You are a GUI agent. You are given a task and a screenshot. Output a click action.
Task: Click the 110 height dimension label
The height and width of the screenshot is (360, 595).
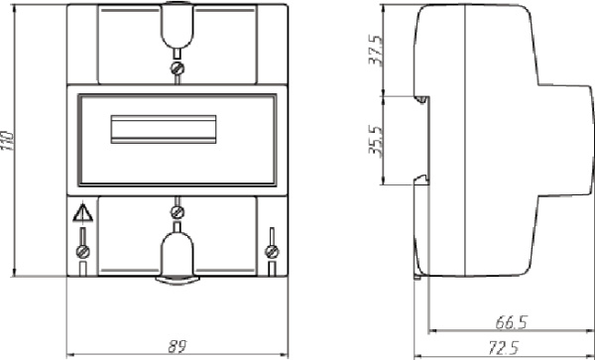click(x=7, y=141)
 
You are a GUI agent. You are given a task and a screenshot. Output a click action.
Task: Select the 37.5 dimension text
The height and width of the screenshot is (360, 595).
click(x=376, y=51)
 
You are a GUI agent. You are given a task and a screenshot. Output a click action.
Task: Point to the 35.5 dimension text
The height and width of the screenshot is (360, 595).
click(x=376, y=140)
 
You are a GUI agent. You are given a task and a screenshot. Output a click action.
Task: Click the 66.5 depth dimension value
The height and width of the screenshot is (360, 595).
click(x=511, y=323)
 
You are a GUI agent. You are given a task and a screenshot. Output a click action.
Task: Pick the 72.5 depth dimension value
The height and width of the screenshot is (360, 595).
click(x=504, y=348)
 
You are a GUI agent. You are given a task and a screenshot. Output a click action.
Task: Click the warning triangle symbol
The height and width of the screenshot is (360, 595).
click(x=82, y=213)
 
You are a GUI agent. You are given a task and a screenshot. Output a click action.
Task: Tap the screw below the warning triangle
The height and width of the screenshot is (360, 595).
click(x=82, y=251)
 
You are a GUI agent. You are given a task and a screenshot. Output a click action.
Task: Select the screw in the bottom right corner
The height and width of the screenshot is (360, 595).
click(x=272, y=251)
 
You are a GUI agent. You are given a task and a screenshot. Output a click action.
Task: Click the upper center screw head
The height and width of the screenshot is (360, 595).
click(x=178, y=68)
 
